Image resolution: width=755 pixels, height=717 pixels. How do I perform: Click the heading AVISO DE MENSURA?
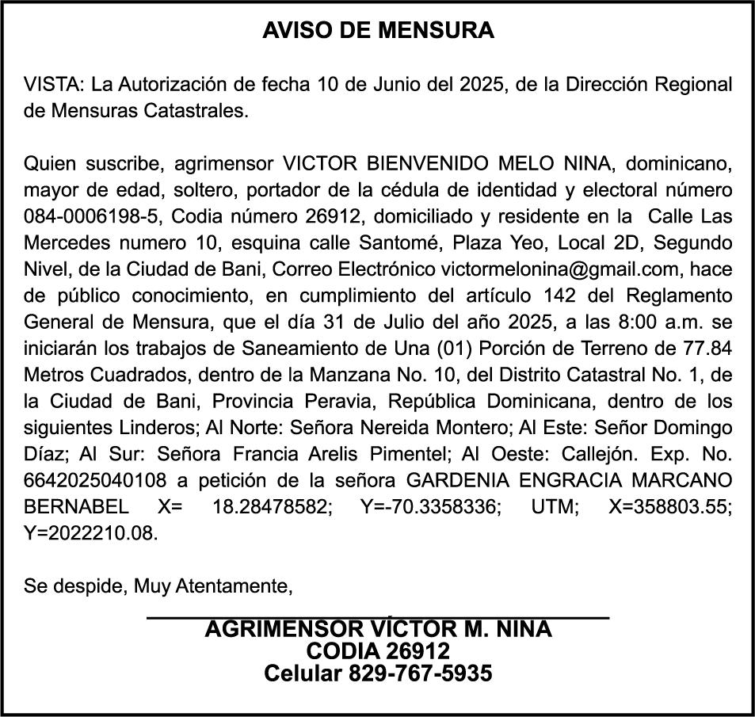[378, 31]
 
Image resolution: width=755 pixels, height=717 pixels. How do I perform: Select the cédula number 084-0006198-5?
[93, 216]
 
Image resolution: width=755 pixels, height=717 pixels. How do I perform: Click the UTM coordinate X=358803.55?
[670, 507]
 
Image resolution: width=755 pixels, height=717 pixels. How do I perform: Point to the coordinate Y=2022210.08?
[91, 533]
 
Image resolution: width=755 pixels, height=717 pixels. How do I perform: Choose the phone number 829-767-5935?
[420, 673]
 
